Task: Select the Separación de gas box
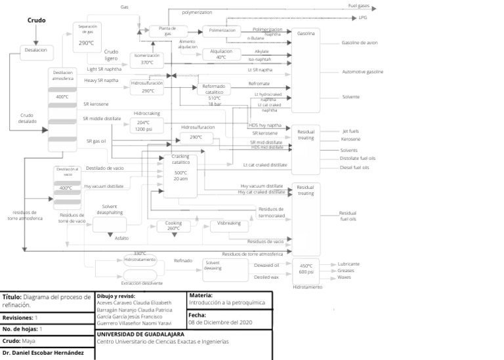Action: click(x=87, y=37)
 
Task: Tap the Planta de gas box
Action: click(x=168, y=31)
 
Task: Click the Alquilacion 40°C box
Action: click(x=221, y=54)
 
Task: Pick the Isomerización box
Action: click(x=147, y=59)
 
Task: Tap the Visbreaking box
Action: click(x=229, y=226)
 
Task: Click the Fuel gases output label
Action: click(x=358, y=6)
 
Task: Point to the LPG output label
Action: click(x=363, y=18)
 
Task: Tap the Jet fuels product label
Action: click(x=350, y=131)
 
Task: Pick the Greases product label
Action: click(x=346, y=271)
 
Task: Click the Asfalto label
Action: click(x=122, y=238)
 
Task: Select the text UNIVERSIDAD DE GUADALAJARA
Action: click(x=140, y=334)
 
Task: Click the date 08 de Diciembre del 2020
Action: click(x=220, y=323)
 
